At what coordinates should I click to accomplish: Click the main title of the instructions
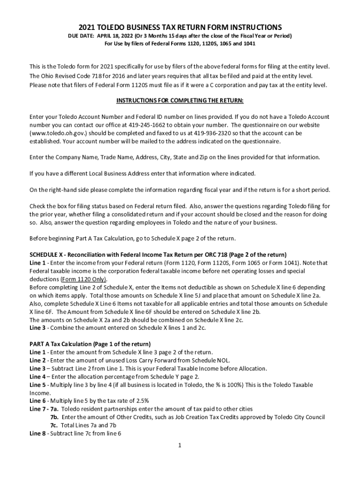[180, 27]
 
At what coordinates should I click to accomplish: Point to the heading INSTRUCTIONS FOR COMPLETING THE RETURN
[180, 101]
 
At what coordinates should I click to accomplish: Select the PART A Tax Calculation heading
[90, 344]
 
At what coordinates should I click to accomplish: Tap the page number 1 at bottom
[180, 444]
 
